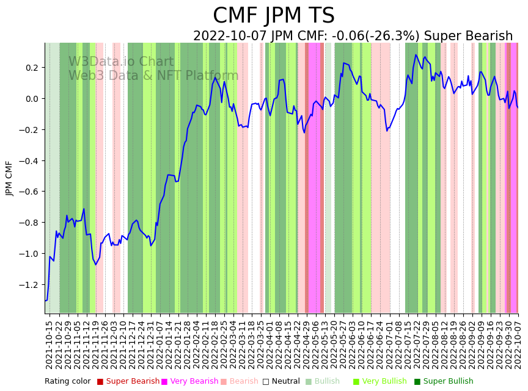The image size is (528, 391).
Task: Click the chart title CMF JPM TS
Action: point(274,16)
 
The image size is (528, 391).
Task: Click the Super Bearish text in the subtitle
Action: point(475,37)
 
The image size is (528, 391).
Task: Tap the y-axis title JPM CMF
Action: point(9,178)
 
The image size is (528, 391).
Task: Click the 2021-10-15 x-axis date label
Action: point(50,345)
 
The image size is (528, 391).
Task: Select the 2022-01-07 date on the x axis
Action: point(158,345)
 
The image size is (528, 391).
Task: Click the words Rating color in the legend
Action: point(67,382)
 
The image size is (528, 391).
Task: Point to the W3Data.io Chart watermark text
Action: point(121,62)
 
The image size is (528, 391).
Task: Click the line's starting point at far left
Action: point(45,300)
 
